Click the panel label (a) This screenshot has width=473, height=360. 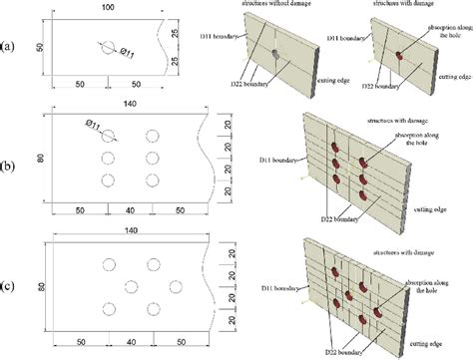tap(9, 46)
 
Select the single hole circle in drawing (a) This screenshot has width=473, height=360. tap(107, 46)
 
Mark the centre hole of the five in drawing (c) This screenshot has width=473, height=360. tap(131, 286)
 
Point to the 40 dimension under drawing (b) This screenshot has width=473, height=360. tap(129, 211)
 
